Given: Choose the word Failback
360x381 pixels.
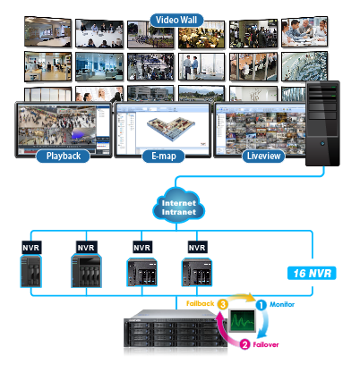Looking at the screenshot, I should point(199,304).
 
